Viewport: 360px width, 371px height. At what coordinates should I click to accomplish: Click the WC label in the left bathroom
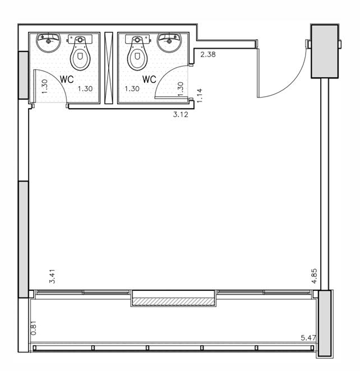click(x=67, y=79)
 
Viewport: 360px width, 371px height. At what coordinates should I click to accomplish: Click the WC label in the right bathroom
click(x=149, y=79)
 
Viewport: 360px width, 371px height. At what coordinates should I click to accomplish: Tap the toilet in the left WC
click(x=80, y=53)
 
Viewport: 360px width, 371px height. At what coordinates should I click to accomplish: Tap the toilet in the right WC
click(x=137, y=53)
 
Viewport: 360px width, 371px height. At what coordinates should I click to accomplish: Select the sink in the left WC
click(x=48, y=43)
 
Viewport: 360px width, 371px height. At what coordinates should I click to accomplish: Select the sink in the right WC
click(x=169, y=43)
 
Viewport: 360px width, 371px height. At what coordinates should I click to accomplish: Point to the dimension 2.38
click(x=208, y=54)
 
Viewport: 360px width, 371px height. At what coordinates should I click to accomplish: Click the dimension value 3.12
click(x=181, y=114)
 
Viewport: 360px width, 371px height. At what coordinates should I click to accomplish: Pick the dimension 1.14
click(x=200, y=95)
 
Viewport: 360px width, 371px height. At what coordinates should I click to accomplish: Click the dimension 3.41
click(x=52, y=276)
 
